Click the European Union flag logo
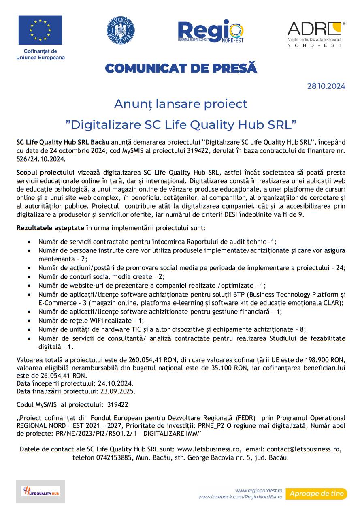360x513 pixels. tap(40, 30)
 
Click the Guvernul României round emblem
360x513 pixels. tap(120, 30)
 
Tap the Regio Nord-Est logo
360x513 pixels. tap(211, 31)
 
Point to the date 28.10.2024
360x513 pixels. tap(326, 86)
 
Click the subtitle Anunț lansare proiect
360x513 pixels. tap(181, 104)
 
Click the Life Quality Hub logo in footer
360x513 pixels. tap(40, 492)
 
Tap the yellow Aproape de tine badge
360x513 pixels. tap(316, 494)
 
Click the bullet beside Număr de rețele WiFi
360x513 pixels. tap(28, 321)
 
